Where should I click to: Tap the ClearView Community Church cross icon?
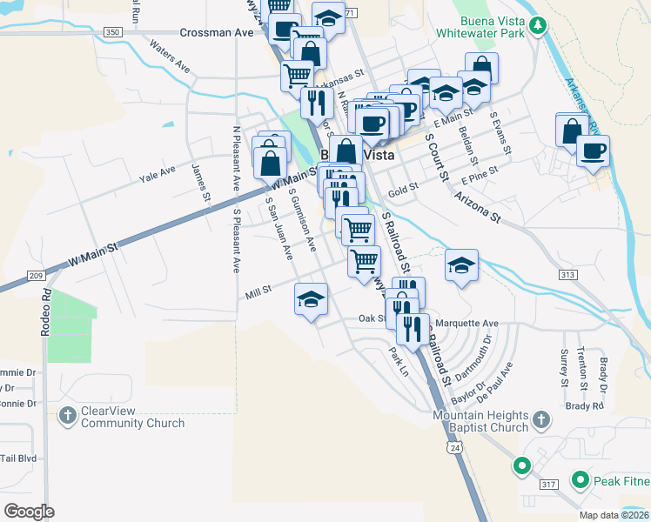(x=68, y=416)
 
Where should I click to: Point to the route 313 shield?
(x=568, y=275)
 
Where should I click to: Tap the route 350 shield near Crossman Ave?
(x=112, y=32)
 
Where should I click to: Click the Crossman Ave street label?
(x=216, y=32)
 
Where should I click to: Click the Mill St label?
(x=258, y=293)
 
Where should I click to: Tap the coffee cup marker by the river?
(x=593, y=150)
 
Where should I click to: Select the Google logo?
(x=30, y=511)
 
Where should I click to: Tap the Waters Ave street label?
(x=170, y=54)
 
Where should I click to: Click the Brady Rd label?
(x=584, y=406)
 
